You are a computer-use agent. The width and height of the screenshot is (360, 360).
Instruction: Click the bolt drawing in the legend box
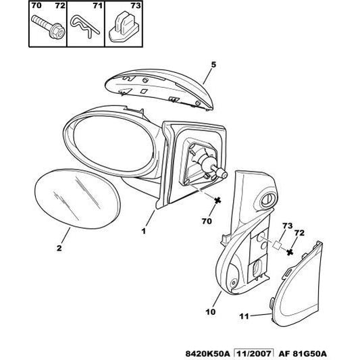click(48, 26)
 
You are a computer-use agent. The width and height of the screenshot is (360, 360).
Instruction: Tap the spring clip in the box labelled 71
click(84, 26)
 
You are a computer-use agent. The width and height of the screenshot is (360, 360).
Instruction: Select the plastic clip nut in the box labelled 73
click(124, 27)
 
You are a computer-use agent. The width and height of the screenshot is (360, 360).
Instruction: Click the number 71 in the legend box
click(97, 5)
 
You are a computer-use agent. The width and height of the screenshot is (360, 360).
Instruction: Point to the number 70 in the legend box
click(36, 5)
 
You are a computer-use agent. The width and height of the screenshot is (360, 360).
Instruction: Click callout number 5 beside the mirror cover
click(213, 65)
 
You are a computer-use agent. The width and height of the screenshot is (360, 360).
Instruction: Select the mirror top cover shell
click(159, 89)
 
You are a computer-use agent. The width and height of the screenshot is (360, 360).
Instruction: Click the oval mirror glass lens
click(77, 199)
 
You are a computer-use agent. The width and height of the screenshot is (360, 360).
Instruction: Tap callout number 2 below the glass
click(59, 248)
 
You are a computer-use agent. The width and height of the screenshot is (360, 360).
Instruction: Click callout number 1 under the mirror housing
click(143, 231)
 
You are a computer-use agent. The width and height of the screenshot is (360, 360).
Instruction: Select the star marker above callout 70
click(217, 201)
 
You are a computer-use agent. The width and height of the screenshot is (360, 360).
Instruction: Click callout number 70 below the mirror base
click(207, 221)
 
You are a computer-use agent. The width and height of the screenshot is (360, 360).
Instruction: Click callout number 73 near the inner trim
click(288, 226)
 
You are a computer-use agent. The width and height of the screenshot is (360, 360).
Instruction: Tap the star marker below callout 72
click(290, 252)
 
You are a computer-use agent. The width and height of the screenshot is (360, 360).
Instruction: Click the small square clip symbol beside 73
click(277, 245)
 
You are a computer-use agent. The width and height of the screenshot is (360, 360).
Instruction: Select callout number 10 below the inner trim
click(211, 312)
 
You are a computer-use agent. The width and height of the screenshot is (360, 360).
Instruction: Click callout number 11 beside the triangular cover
click(244, 316)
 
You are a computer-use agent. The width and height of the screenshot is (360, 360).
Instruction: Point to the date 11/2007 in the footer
click(253, 353)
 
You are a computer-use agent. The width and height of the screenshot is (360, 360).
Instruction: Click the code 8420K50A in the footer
click(207, 353)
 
